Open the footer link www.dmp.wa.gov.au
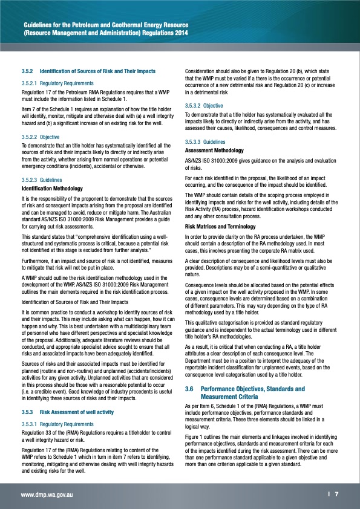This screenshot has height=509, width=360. point(47,493)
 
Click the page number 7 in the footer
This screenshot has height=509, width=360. point(336,493)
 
